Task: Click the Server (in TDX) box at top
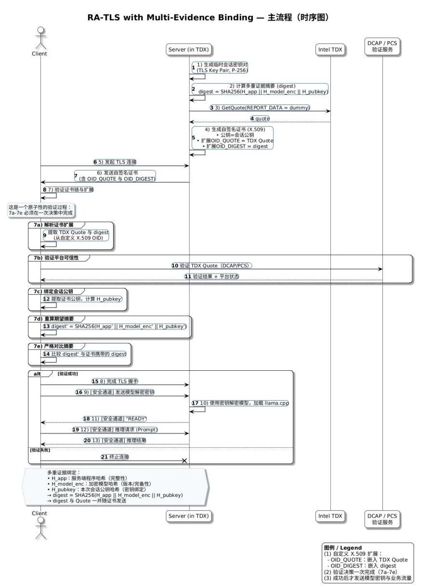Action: coord(189,49)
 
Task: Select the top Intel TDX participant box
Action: coord(330,49)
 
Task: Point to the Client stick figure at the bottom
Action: coord(39,527)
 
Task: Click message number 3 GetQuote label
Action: coord(260,107)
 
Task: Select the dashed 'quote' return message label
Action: coord(260,118)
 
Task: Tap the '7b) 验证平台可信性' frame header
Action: coord(59,258)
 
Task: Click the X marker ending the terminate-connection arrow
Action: coord(184,461)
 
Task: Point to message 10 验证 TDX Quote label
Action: coord(212,265)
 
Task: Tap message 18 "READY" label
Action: coord(115,418)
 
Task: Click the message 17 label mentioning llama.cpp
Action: coord(240,403)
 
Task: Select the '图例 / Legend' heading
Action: coord(342,547)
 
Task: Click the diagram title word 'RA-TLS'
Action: coord(104,18)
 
